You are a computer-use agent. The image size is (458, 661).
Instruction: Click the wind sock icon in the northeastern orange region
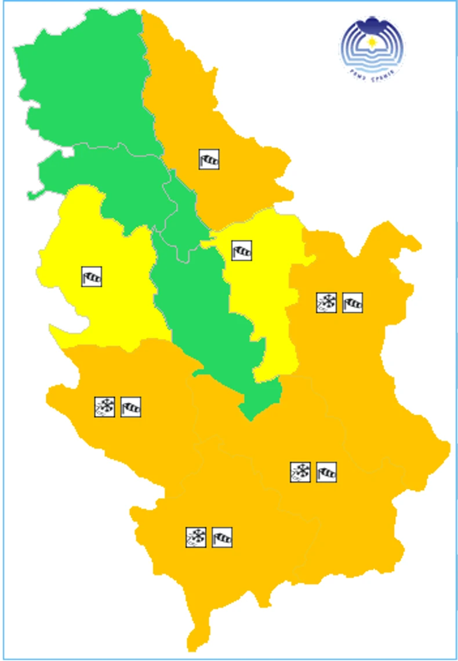click(x=209, y=159)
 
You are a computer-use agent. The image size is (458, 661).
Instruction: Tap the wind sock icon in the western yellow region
click(x=92, y=276)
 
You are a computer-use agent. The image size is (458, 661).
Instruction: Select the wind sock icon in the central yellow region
click(x=242, y=250)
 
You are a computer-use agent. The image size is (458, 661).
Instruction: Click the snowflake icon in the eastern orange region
click(x=326, y=302)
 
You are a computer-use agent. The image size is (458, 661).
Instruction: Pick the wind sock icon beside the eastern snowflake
click(x=352, y=302)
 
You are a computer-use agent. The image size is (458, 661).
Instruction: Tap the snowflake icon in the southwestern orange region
click(x=105, y=407)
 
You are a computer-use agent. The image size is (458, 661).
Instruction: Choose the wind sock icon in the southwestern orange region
click(x=131, y=407)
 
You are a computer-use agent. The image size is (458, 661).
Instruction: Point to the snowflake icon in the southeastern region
click(x=300, y=472)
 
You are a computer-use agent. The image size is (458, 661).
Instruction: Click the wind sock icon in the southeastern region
click(x=326, y=472)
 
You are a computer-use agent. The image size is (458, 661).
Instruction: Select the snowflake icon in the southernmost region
click(x=196, y=537)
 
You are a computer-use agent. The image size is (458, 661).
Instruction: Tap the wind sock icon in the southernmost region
click(x=222, y=537)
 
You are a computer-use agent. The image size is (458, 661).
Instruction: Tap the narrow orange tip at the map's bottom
click(x=197, y=637)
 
